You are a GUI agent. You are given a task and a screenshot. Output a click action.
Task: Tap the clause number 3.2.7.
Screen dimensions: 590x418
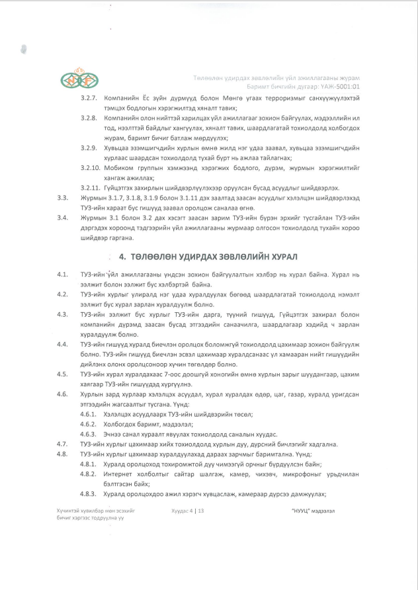[89, 97]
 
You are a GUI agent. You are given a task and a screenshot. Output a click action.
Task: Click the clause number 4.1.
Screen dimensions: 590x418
[63, 274]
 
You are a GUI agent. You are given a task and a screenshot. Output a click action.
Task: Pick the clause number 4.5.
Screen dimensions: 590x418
[63, 374]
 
